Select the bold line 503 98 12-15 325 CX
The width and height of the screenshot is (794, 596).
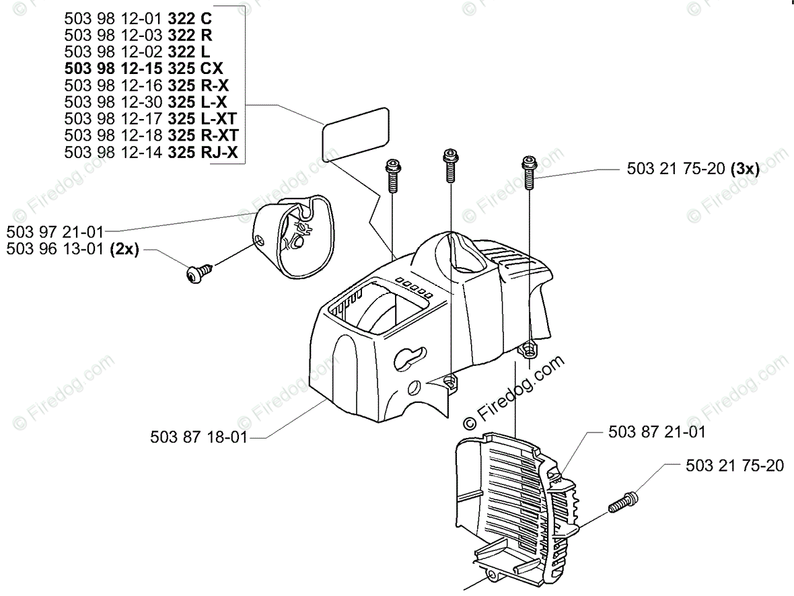(x=144, y=68)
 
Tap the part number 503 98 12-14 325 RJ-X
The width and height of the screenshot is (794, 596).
(x=151, y=153)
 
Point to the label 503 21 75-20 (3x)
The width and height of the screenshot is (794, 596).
(x=692, y=170)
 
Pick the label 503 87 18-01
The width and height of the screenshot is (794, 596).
(x=199, y=437)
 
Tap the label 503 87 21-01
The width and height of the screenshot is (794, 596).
(x=657, y=432)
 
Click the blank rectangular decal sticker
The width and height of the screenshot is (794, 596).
(x=355, y=136)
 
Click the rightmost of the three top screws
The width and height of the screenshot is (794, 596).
(x=530, y=171)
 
